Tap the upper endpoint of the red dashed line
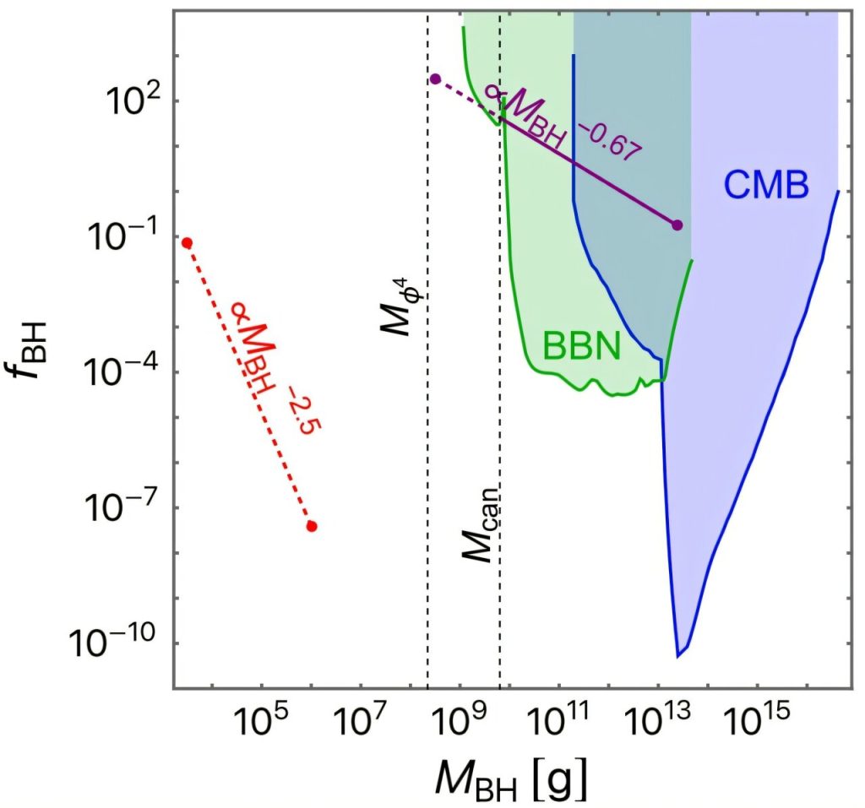pyautogui.click(x=188, y=243)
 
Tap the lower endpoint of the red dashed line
pyautogui.click(x=312, y=526)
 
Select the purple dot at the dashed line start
pyautogui.click(x=435, y=79)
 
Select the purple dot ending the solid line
pyautogui.click(x=677, y=225)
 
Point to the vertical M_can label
pyautogui.click(x=478, y=523)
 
